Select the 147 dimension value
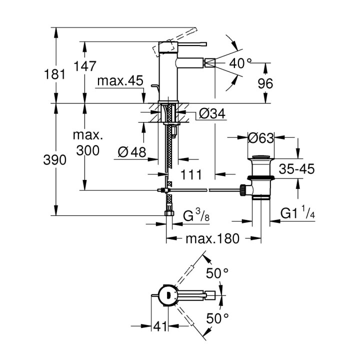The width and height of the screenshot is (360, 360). pyautogui.click(x=86, y=65)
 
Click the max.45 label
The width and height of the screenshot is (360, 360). pyautogui.click(x=120, y=81)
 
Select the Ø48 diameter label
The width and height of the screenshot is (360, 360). pyautogui.click(x=132, y=150)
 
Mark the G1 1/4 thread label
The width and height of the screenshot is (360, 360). pyautogui.click(x=296, y=214)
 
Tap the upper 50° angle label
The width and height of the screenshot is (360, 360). pyautogui.click(x=218, y=273)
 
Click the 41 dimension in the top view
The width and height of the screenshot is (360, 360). pyautogui.click(x=160, y=327)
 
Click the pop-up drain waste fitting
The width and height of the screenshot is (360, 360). pyautogui.click(x=260, y=177)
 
